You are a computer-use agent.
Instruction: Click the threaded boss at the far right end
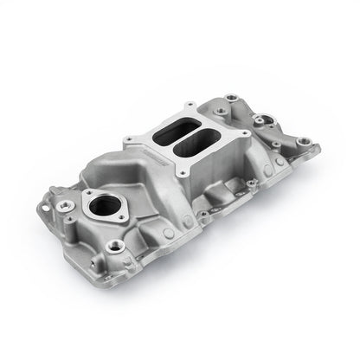coord(305,142)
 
